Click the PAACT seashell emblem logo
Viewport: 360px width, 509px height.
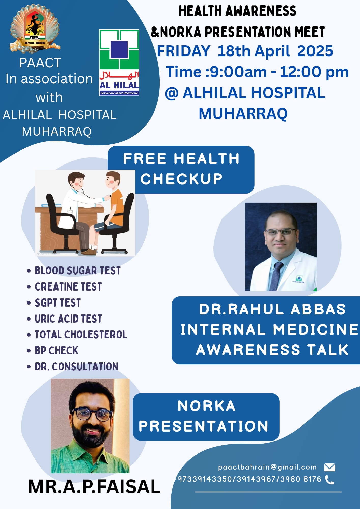click(x=35, y=29)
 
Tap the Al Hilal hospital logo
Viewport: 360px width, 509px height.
click(x=119, y=62)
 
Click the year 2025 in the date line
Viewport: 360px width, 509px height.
click(x=315, y=51)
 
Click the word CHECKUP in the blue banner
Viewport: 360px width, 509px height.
click(x=182, y=179)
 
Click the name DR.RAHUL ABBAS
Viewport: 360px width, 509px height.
click(x=272, y=309)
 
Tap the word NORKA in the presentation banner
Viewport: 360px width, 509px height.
click(x=206, y=406)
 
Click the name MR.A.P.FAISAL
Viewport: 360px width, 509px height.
click(x=94, y=487)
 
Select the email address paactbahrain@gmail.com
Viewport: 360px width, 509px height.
click(x=267, y=467)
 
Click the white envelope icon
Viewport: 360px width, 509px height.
click(x=329, y=467)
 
